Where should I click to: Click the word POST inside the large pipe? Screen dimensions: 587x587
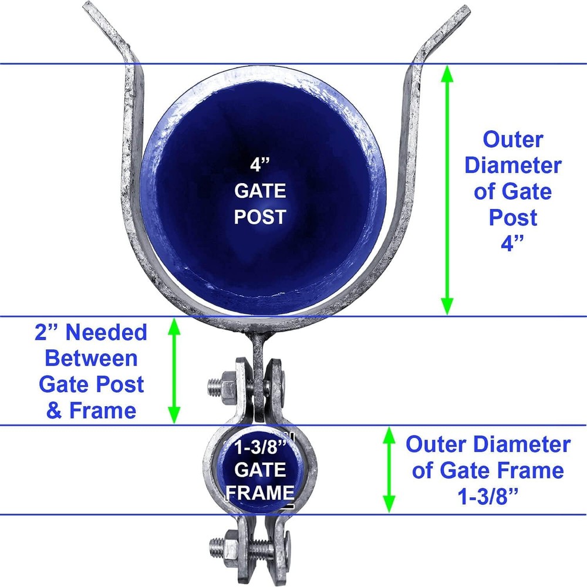(259, 217)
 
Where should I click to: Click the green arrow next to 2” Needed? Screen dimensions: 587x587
(174, 370)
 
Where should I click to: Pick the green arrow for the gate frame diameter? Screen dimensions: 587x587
(389, 470)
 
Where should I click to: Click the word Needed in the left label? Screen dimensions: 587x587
(106, 332)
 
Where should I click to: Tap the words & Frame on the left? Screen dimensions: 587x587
(91, 410)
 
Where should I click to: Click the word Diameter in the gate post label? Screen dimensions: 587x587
(512, 166)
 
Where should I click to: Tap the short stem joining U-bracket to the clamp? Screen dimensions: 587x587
(259, 346)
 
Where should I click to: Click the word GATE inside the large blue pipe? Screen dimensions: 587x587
(259, 191)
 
